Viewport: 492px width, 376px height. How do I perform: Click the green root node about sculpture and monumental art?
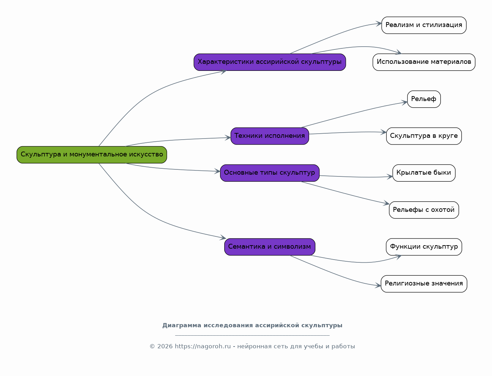coord(92,155)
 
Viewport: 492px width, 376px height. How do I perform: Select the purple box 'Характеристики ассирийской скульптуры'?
coord(269,62)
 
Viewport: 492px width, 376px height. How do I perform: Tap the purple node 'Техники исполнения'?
coord(269,136)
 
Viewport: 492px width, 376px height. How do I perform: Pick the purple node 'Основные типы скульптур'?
coord(269,173)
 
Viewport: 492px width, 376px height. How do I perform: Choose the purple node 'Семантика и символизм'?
coord(269,247)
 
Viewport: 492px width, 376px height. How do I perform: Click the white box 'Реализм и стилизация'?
coord(424,25)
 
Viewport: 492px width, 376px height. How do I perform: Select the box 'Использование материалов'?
coord(424,62)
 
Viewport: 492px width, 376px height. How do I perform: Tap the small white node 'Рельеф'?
coord(424,99)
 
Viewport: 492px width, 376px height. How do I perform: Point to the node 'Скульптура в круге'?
coord(424,136)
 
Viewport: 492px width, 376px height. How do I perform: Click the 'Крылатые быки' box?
coord(424,173)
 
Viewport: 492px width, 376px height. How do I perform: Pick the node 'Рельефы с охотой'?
coord(424,210)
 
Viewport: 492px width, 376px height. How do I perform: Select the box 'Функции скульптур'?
coord(424,247)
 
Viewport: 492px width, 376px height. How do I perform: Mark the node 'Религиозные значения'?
coord(424,284)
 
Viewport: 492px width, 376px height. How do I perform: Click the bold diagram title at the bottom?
coord(252,325)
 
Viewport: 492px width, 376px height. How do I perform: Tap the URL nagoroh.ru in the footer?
coord(203,347)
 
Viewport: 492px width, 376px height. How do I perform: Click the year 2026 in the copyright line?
coord(165,347)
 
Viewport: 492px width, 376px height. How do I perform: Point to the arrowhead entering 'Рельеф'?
coord(405,102)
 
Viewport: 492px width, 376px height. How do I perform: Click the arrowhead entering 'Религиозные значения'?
coord(378,286)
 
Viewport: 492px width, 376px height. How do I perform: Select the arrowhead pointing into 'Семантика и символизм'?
coord(223,237)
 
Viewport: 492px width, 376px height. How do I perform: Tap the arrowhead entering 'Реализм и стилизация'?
coord(379,23)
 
